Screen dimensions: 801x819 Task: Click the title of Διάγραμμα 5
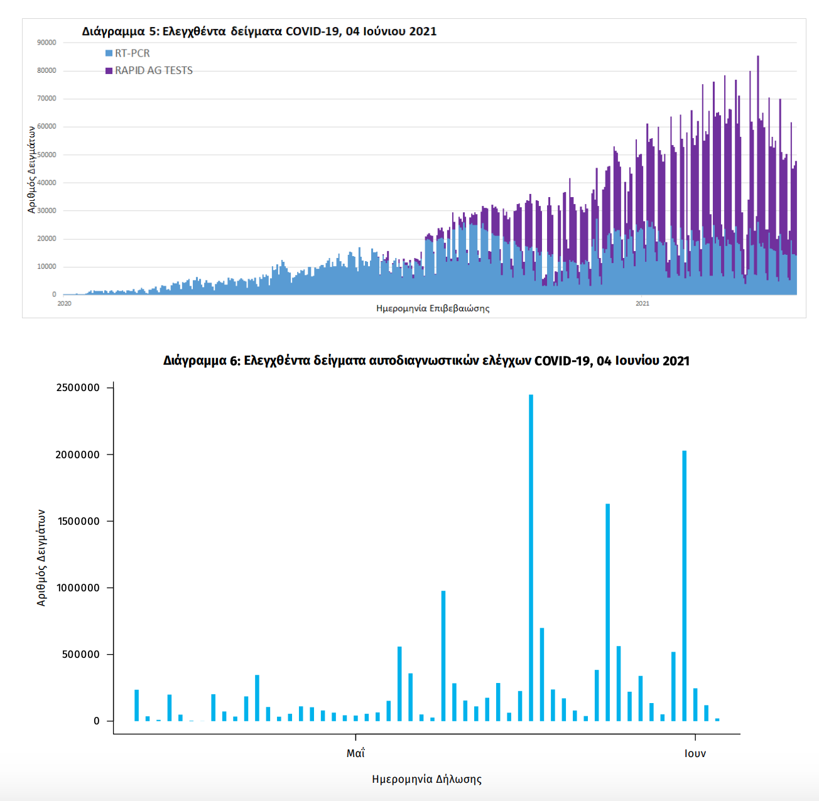tap(259, 31)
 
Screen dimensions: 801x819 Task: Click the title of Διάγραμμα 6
tap(426, 361)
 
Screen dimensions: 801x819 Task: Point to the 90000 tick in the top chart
tap(46, 43)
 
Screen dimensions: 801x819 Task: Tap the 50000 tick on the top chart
tap(46, 154)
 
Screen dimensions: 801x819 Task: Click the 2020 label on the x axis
tap(64, 304)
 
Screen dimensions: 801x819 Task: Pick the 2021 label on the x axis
tap(642, 304)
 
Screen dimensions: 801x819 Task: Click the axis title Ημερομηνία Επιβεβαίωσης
tap(433, 308)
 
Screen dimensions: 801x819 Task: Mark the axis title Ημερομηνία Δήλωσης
tap(426, 779)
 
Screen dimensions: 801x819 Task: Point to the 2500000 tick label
tap(78, 388)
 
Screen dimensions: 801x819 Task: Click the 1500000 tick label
tap(78, 521)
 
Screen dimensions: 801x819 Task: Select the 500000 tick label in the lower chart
tap(80, 655)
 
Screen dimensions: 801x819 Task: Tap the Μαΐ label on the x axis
tap(355, 753)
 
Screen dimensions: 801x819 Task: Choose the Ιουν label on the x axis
tap(695, 753)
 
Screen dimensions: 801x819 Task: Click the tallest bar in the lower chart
tap(531, 559)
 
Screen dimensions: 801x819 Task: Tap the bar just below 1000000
tap(443, 656)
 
